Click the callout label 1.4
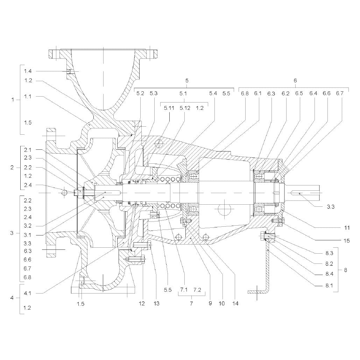pos(28,71)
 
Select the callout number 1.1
pos(28,97)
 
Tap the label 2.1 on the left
pos(28,150)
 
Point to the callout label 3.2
pos(28,226)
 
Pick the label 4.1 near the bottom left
pos(28,293)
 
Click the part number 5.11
pos(169,108)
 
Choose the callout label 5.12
pos(185,108)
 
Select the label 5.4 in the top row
pos(213,93)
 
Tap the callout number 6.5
pos(299,93)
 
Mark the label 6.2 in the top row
pos(285,93)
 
